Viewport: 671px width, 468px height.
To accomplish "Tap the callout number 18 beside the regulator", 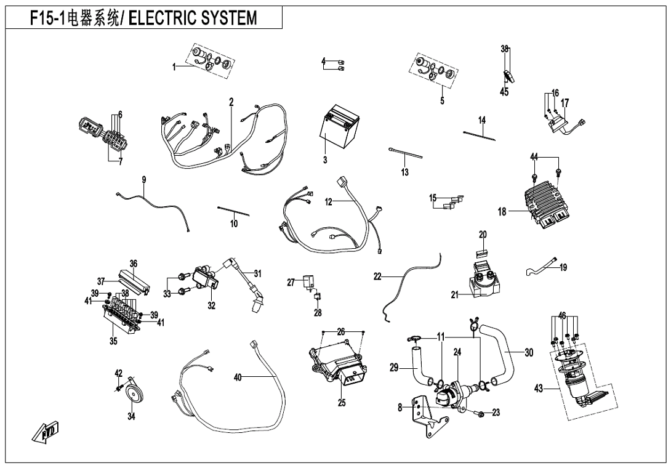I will coord(503,212).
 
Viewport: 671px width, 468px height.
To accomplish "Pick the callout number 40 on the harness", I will coord(238,377).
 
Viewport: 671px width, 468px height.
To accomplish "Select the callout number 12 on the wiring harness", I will coord(329,201).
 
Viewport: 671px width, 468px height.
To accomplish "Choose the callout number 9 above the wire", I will coord(143,180).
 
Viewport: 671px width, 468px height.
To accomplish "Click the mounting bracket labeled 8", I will coord(431,420).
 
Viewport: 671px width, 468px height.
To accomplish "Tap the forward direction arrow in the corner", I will coord(41,435).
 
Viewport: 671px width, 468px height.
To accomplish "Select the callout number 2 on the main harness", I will coord(231,102).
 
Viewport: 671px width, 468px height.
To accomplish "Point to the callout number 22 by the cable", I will coord(377,277).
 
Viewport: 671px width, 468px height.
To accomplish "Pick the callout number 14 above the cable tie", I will coord(482,119).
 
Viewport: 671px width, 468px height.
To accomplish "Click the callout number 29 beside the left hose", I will coord(395,368).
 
